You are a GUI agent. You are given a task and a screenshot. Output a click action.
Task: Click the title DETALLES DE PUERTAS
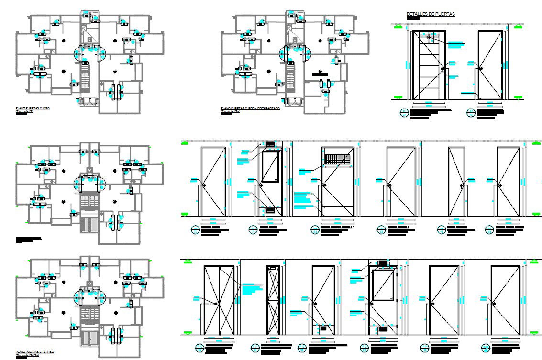[431, 14]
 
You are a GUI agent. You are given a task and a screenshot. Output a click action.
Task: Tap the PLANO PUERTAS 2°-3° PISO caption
[34, 351]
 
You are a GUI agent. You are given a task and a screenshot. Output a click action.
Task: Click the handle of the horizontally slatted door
[442, 69]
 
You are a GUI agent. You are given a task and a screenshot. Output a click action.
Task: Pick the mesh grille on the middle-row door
[338, 160]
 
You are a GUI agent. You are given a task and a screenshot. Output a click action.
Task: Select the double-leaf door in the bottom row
[219, 300]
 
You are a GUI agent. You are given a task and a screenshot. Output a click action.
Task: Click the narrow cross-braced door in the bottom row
[273, 300]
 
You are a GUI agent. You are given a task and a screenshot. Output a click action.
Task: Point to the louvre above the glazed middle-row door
[270, 143]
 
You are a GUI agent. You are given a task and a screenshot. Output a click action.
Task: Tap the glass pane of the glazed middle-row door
[270, 166]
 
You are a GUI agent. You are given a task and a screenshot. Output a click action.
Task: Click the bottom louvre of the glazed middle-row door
[270, 210]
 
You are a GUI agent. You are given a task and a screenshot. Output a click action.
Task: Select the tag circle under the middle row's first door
[195, 230]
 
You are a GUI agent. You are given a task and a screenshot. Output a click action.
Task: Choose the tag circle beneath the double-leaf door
[199, 348]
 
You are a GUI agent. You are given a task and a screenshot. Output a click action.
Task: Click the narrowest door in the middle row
[456, 182]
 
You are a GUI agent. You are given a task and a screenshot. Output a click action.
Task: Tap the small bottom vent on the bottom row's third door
[323, 328]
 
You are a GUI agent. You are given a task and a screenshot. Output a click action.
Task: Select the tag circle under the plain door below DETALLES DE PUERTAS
[471, 113]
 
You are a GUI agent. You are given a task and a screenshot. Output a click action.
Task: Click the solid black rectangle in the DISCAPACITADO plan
[319, 74]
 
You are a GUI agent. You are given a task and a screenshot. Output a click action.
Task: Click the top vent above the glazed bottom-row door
[383, 263]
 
